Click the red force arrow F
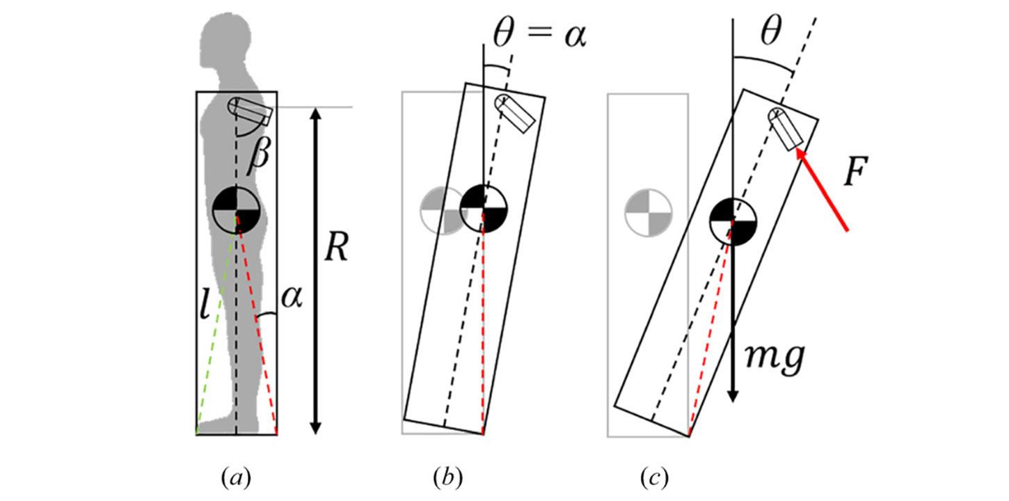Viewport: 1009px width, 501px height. pos(822,190)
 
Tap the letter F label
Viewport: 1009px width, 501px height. pos(855,171)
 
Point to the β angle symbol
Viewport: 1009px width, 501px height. pos(259,155)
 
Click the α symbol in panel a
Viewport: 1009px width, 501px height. pos(292,298)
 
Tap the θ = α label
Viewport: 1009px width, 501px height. pos(539,34)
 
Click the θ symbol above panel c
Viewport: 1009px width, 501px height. pos(771,31)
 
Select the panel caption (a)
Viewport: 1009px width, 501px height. pos(236,478)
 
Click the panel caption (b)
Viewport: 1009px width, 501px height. pos(447,478)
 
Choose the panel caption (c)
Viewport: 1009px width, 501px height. pos(654,478)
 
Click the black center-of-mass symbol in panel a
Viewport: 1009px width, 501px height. pos(237,209)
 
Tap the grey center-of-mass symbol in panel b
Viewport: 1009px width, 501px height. pos(443,211)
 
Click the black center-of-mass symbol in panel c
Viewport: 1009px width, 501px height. pos(733,221)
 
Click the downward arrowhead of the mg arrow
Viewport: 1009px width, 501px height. pos(733,395)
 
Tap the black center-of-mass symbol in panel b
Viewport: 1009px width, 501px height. pos(484,209)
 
